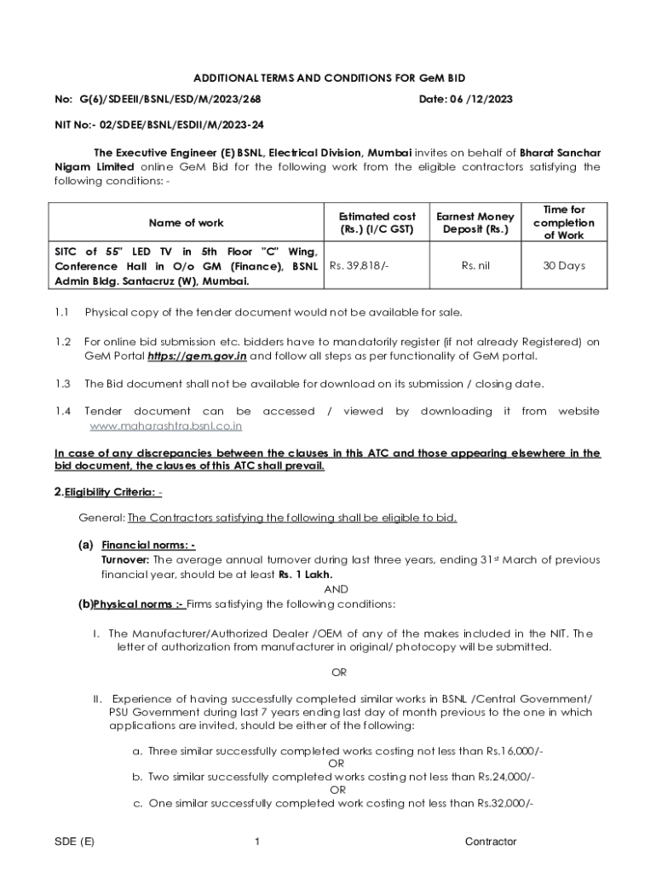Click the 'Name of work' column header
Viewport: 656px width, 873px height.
pos(187,223)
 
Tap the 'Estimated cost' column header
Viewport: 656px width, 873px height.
pos(377,223)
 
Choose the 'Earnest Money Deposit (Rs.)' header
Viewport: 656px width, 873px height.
pos(475,223)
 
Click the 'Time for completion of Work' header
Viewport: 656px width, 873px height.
pos(564,223)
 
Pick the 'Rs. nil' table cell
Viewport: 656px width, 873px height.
pos(475,266)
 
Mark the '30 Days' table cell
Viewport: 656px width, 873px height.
pos(564,266)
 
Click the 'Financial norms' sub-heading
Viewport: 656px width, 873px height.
pos(148,545)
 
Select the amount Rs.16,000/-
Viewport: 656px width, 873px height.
pos(515,751)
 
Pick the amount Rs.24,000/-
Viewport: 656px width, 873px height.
pos(507,777)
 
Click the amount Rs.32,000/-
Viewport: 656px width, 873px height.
pos(505,802)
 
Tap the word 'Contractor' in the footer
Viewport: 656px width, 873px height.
pos(491,841)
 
